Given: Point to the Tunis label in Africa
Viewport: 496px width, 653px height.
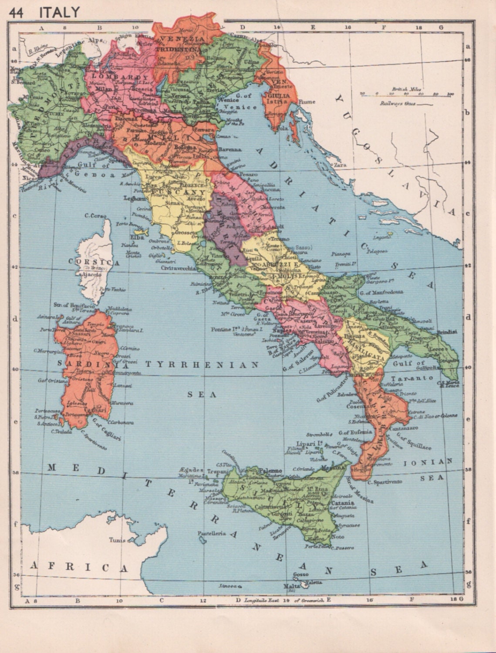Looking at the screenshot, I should tap(118, 540).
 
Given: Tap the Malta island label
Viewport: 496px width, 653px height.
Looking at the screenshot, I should tap(291, 586).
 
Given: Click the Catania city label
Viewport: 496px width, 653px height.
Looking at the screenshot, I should tap(342, 501).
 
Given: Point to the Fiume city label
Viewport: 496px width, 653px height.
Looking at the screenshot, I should tap(307, 102).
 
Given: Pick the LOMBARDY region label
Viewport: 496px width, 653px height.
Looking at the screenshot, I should tap(118, 77).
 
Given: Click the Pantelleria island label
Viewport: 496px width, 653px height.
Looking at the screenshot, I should tap(212, 533).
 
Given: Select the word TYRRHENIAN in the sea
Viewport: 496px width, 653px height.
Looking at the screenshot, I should tap(202, 365).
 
